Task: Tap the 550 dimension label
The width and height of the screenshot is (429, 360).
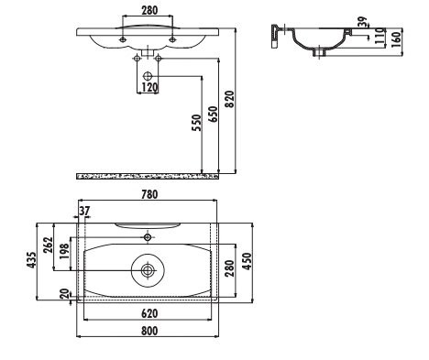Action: (196, 124)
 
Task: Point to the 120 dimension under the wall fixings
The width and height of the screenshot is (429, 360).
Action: (148, 87)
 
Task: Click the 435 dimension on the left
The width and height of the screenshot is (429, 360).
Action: (31, 261)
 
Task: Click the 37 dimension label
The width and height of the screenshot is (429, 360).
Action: (85, 210)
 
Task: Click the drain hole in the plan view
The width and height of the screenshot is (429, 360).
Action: (148, 270)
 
